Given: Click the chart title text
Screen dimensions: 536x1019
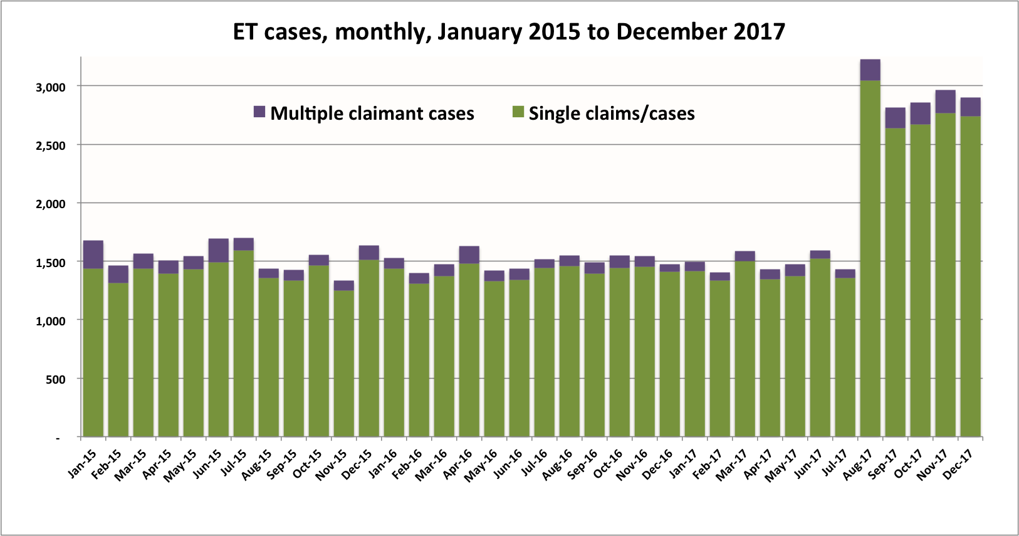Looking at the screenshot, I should (509, 31).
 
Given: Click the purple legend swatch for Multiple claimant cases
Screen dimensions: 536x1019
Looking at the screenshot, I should (259, 112).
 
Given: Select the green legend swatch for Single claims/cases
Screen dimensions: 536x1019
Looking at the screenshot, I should (518, 112).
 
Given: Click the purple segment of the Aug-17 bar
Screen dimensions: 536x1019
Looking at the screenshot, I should (870, 70).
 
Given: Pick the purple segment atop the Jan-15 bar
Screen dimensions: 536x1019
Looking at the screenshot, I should (93, 255).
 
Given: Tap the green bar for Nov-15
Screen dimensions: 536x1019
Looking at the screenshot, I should (344, 364).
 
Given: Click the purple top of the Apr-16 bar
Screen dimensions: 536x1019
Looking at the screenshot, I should (469, 255).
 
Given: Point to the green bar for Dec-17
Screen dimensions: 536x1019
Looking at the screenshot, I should (970, 276).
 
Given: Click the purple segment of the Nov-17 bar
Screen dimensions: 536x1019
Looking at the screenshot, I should (945, 102).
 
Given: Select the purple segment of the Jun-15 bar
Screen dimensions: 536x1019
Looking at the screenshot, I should (219, 250).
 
